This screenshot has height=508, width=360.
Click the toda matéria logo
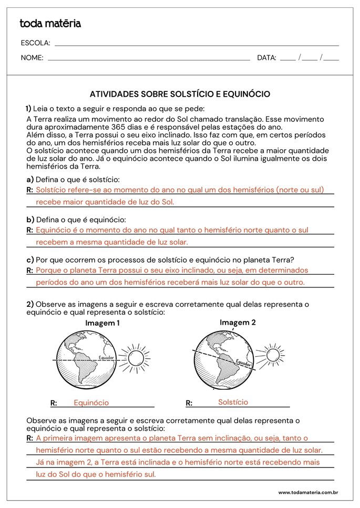[50, 24]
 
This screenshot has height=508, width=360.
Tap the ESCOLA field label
[35, 43]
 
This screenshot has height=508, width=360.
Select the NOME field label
[32, 58]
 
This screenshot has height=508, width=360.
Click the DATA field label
[266, 58]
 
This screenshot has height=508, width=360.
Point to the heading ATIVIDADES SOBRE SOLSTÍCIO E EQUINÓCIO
[180, 94]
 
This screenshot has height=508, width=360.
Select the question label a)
[30, 179]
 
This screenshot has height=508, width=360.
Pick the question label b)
[30, 219]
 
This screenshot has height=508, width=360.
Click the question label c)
[30, 260]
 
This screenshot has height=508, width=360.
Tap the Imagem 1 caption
[102, 323]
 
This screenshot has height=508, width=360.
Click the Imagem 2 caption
[238, 322]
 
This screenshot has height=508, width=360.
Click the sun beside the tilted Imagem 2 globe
[273, 355]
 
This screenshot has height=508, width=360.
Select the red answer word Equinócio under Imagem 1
[91, 402]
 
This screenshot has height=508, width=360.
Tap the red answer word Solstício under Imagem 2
[233, 402]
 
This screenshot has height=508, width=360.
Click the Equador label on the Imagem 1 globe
[106, 358]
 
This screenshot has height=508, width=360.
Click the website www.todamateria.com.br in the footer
[307, 492]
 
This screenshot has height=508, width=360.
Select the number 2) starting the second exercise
[30, 304]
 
